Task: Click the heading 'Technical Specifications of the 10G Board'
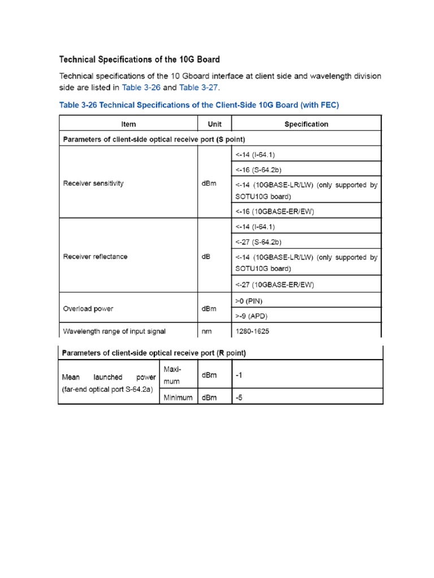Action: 140,59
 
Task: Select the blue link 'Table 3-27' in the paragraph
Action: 198,87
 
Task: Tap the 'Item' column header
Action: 128,124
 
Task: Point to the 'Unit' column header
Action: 214,124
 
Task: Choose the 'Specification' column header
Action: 306,124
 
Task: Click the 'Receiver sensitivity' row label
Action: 94,183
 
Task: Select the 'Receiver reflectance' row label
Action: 95,256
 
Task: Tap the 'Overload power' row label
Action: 88,309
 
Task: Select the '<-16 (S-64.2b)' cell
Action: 259,169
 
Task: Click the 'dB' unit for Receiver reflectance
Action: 206,256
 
